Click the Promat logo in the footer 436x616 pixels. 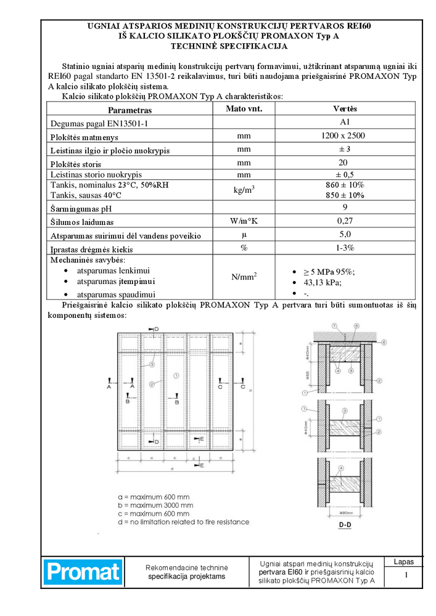[83, 572]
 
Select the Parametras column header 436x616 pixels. [130, 110]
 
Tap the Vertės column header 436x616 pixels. [345, 109]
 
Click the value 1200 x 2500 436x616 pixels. [345, 136]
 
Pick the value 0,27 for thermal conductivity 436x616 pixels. [345, 221]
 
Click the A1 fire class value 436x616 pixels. [345, 122]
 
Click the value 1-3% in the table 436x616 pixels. [345, 248]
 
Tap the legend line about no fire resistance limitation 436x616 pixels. [183, 522]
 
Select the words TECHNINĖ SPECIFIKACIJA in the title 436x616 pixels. [229, 46]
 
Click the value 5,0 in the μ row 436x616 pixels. [345, 234]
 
